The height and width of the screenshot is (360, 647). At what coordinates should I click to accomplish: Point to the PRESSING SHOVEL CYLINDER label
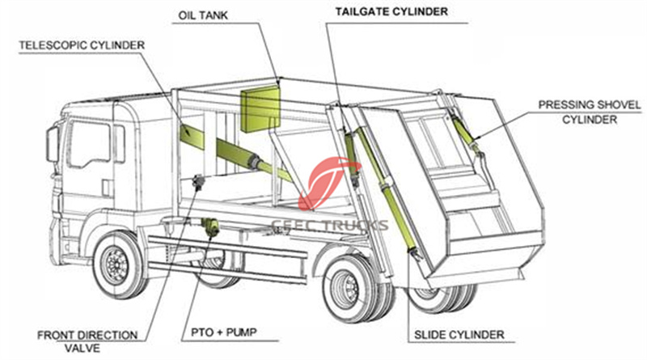[x=590, y=112]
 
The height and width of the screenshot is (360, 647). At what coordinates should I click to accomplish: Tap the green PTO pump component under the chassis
[x=213, y=227]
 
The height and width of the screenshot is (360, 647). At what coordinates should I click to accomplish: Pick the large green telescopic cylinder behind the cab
[x=218, y=146]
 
